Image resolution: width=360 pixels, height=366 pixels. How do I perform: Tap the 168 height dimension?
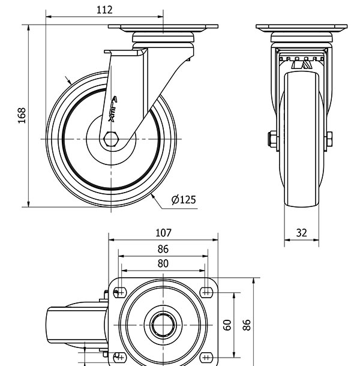pos(22,116)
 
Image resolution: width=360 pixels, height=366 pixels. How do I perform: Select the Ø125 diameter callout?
pos(184,200)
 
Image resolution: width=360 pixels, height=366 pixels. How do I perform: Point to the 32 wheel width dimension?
pos(301,233)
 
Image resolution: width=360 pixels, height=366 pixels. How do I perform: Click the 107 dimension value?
pos(163,232)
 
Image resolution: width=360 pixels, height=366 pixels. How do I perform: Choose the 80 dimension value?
pos(163,263)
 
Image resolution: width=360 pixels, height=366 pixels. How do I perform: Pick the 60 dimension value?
pos(227,325)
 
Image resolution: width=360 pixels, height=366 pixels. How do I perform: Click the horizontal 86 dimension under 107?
pos(163,249)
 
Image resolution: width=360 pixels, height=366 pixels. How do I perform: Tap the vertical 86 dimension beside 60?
pos(246,325)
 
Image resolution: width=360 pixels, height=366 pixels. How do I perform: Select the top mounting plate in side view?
pos(163,28)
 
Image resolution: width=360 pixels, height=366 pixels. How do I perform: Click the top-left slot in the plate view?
pos(119,292)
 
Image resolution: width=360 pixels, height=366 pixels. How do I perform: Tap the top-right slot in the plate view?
pos(207,292)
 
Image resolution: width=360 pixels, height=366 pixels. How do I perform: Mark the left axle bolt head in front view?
pos(272,140)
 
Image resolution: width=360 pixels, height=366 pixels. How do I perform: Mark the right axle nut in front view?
pos(329,141)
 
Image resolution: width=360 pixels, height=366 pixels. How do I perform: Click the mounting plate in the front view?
pos(301,28)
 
